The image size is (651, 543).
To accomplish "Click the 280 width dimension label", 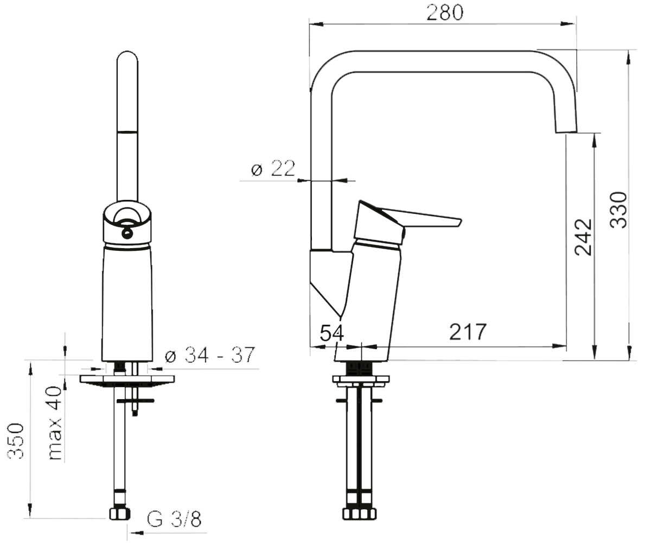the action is click(445, 13).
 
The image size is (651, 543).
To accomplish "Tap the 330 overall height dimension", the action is click(618, 210).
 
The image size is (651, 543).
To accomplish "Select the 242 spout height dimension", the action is click(583, 237).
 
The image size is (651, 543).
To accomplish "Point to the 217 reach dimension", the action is click(468, 331).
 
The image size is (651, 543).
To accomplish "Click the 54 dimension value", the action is click(331, 333).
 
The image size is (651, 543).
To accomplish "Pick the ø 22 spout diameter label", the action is click(273, 168).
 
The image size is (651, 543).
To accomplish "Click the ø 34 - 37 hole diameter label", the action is click(210, 355).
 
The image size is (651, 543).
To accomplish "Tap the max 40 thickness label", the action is click(55, 423).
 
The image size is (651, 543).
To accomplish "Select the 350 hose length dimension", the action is click(16, 441).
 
